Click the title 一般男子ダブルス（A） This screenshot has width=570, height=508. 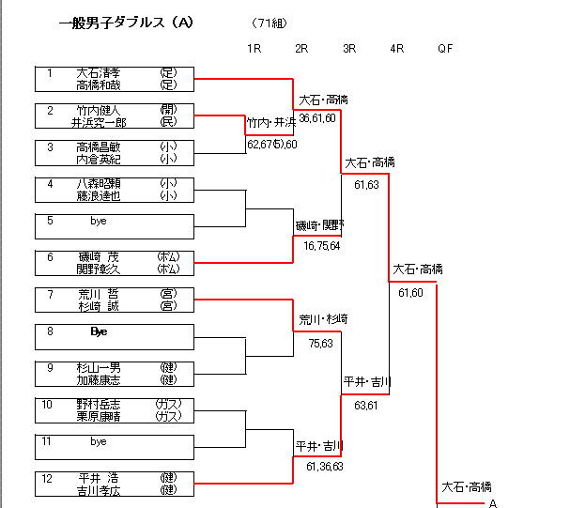click(125, 22)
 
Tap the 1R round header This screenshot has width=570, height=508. click(254, 48)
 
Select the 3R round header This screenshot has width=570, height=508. click(349, 48)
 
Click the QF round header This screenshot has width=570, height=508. click(445, 48)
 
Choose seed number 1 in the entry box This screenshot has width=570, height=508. click(50, 71)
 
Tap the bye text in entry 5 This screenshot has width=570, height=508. click(99, 222)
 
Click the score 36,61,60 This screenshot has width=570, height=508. click(317, 117)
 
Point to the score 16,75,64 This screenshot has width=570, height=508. click(321, 245)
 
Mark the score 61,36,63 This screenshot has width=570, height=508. click(325, 466)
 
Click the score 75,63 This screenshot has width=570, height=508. click(320, 343)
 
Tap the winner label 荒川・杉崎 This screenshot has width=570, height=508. click(323, 319)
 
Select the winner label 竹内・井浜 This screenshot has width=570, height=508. click(271, 122)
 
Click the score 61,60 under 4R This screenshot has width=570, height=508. click(410, 293)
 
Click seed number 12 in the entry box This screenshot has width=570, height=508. click(50, 477)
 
